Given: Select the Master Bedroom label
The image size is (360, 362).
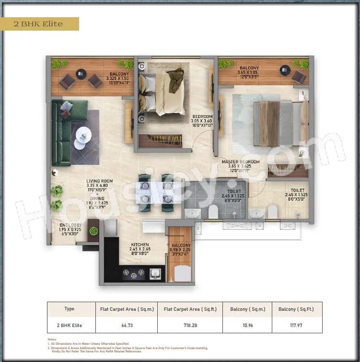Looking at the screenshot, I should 241,162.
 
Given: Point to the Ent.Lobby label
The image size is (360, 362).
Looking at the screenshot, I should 70,225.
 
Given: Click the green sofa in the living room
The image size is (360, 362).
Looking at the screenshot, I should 64,127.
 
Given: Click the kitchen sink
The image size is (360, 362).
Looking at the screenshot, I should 154,274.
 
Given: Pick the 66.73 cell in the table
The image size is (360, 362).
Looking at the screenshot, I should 126,325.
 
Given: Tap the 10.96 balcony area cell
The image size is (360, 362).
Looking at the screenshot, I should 247,325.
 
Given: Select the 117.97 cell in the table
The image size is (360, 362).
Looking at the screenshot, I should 297,325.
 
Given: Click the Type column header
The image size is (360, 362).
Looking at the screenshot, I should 69,309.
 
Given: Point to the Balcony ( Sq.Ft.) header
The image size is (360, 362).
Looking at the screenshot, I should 297,309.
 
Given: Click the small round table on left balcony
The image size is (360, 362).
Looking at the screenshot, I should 81,74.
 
